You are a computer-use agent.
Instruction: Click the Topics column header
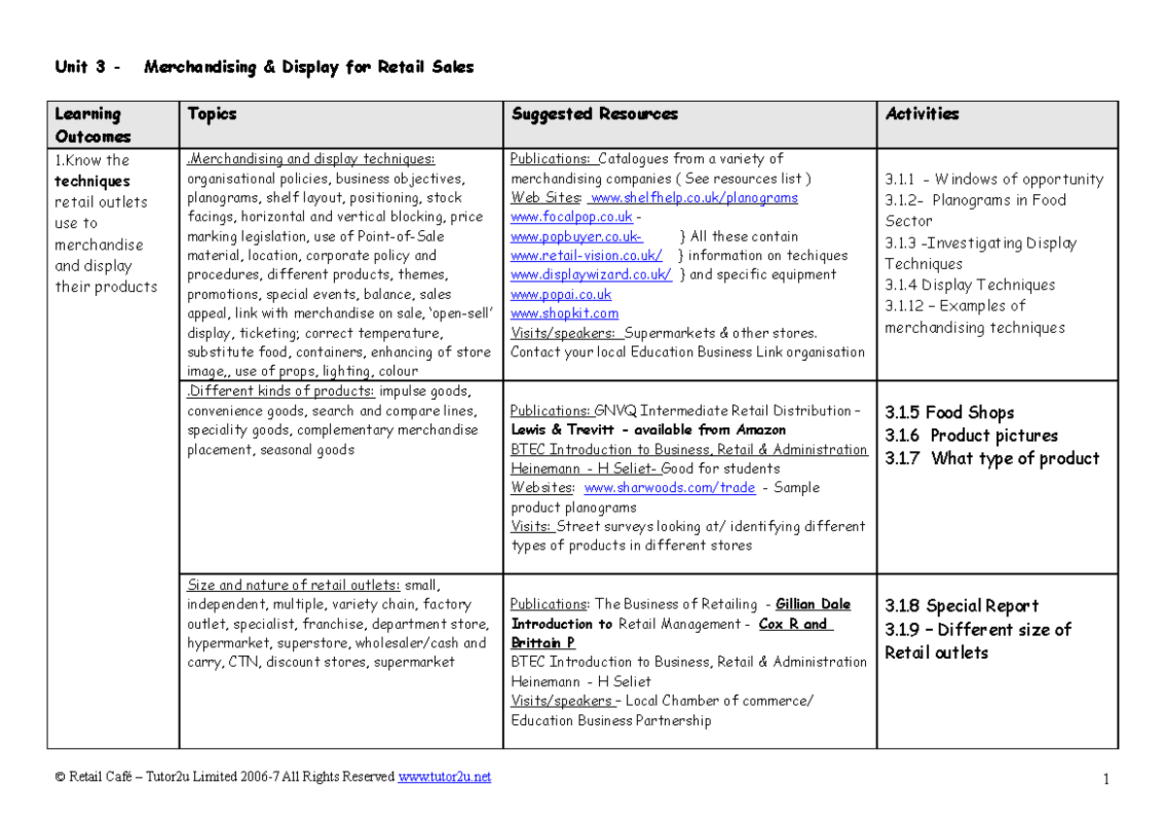point(212,115)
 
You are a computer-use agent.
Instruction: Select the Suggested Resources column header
point(594,115)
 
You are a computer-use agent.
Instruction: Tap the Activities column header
point(921,115)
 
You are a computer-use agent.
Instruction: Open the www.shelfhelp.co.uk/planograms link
point(693,198)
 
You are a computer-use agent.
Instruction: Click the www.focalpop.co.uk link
point(571,217)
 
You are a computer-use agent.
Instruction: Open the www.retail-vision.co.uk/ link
point(586,255)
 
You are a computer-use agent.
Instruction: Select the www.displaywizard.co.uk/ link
point(590,275)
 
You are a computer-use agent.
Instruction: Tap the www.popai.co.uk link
point(560,294)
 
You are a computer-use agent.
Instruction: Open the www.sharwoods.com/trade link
point(669,488)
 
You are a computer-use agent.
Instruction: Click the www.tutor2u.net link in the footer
point(445,776)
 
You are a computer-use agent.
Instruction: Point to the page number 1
point(1106,778)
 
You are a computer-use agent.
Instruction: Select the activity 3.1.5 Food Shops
point(949,412)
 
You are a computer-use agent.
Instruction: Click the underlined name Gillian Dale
point(813,605)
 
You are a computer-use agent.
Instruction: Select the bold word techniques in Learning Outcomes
point(92,181)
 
